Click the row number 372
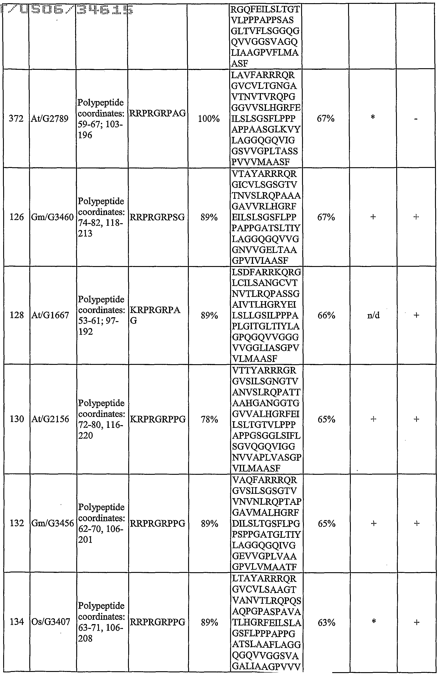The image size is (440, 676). click(16, 119)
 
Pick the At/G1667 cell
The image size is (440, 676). click(50, 315)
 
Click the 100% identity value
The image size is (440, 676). click(209, 119)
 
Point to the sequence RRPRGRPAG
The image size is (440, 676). click(157, 113)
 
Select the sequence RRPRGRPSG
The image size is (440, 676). click(157, 217)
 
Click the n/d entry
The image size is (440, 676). click(373, 315)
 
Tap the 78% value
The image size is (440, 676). click(209, 419)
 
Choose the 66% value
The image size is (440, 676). click(326, 315)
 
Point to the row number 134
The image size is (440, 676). click(17, 622)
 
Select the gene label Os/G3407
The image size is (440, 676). click(51, 622)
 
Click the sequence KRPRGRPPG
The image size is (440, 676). click(157, 419)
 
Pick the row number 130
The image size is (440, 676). click(17, 419)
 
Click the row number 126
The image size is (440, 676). click(17, 217)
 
